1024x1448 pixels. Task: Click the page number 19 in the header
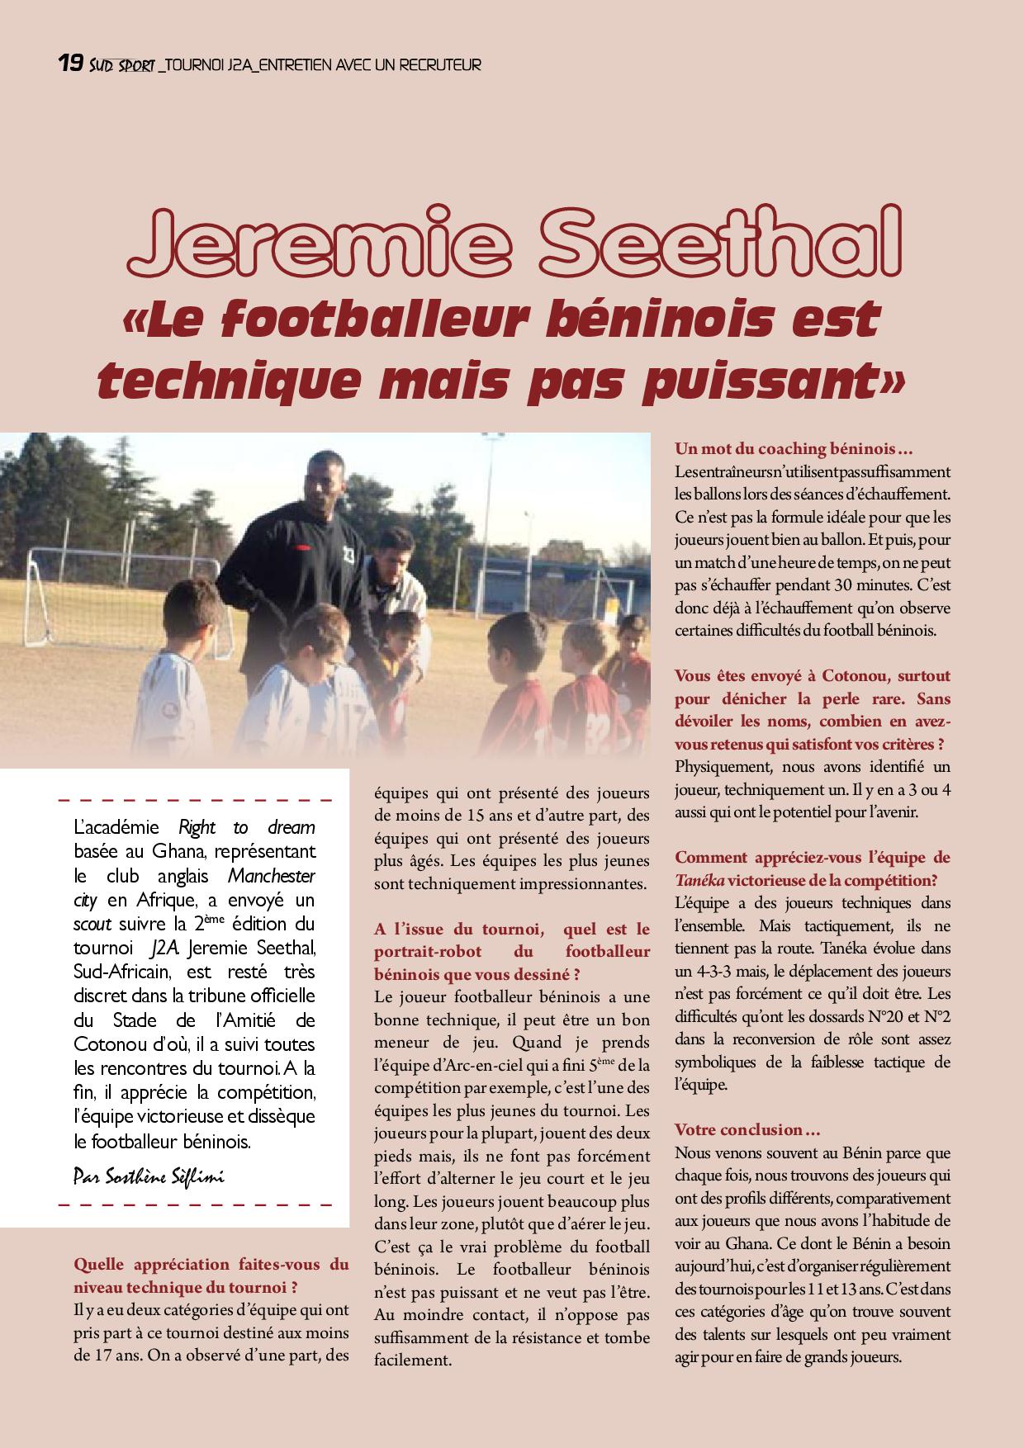[x=69, y=63]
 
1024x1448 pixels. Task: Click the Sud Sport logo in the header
[x=121, y=64]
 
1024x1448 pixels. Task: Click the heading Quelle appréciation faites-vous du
[x=211, y=1264]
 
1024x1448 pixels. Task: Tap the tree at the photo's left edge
[x=41, y=487]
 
